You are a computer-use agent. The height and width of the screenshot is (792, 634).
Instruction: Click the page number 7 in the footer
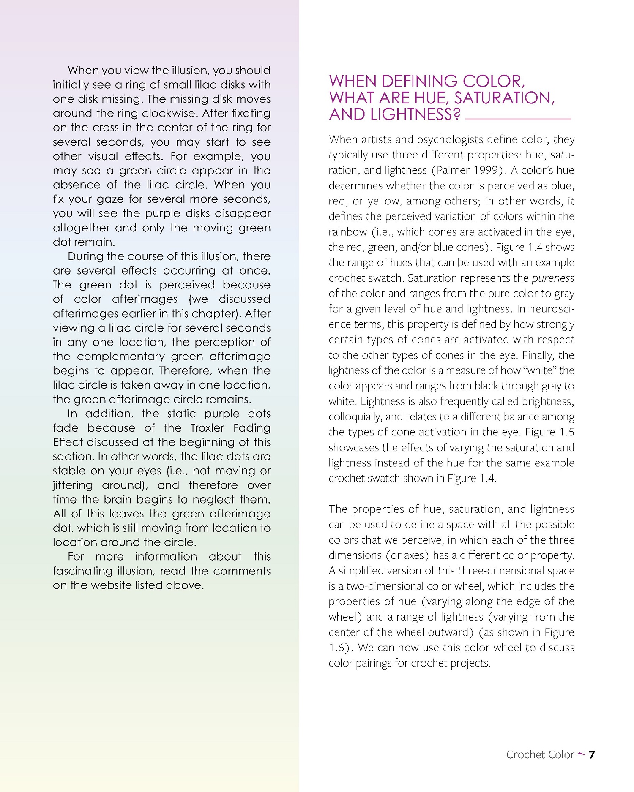(x=592, y=754)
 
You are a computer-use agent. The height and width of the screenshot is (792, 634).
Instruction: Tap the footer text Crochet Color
(x=540, y=755)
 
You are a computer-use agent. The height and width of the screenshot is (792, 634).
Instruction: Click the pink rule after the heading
(x=518, y=119)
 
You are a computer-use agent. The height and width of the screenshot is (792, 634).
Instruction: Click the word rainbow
(x=347, y=232)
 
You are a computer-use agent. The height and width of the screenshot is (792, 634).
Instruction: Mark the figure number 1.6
(x=336, y=648)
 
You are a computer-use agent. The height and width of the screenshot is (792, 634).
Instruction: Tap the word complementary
(x=120, y=357)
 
